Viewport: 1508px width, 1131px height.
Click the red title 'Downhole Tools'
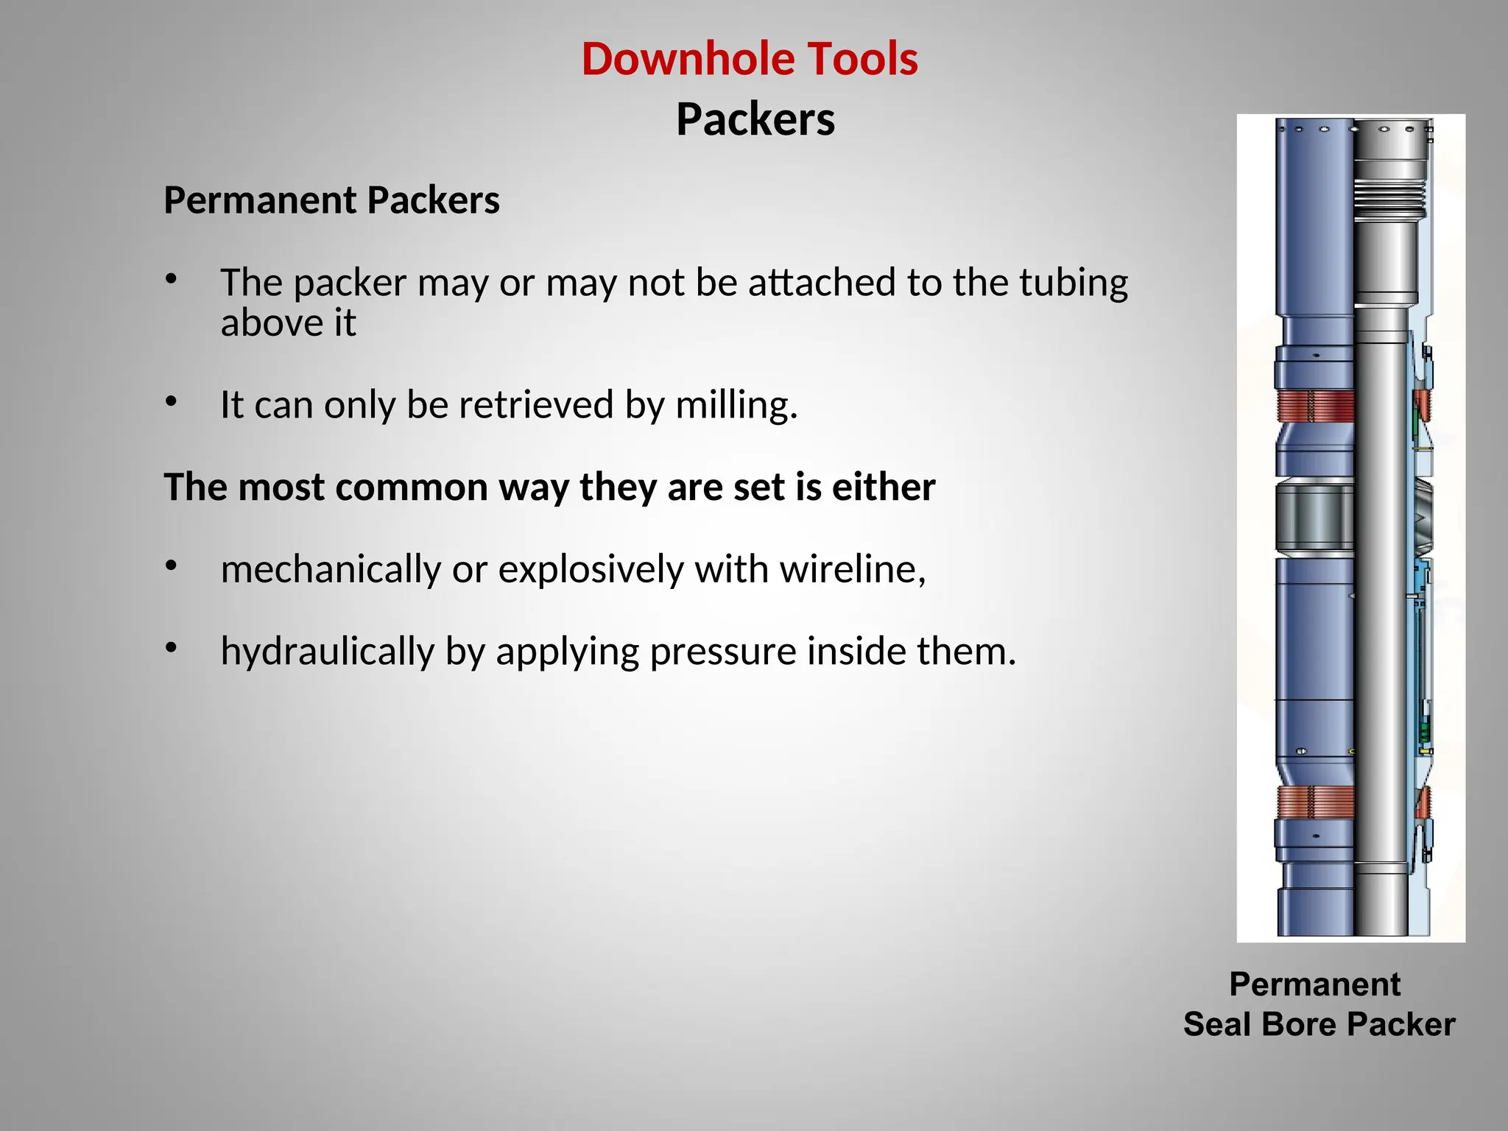click(x=750, y=59)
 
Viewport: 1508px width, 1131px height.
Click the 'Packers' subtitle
click(x=755, y=119)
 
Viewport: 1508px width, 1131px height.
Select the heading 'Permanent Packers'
click(x=331, y=200)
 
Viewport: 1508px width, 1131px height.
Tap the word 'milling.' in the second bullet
click(x=736, y=405)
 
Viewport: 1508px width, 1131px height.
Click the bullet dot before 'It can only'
click(x=172, y=402)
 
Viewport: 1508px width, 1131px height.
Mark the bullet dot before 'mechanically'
click(x=172, y=566)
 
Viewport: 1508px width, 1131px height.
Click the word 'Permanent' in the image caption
click(x=1314, y=984)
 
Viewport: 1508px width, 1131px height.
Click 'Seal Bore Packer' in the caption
click(x=1319, y=1024)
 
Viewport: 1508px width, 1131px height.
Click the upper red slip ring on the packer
click(x=1314, y=406)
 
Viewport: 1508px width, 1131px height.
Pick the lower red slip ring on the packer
click(x=1314, y=802)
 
